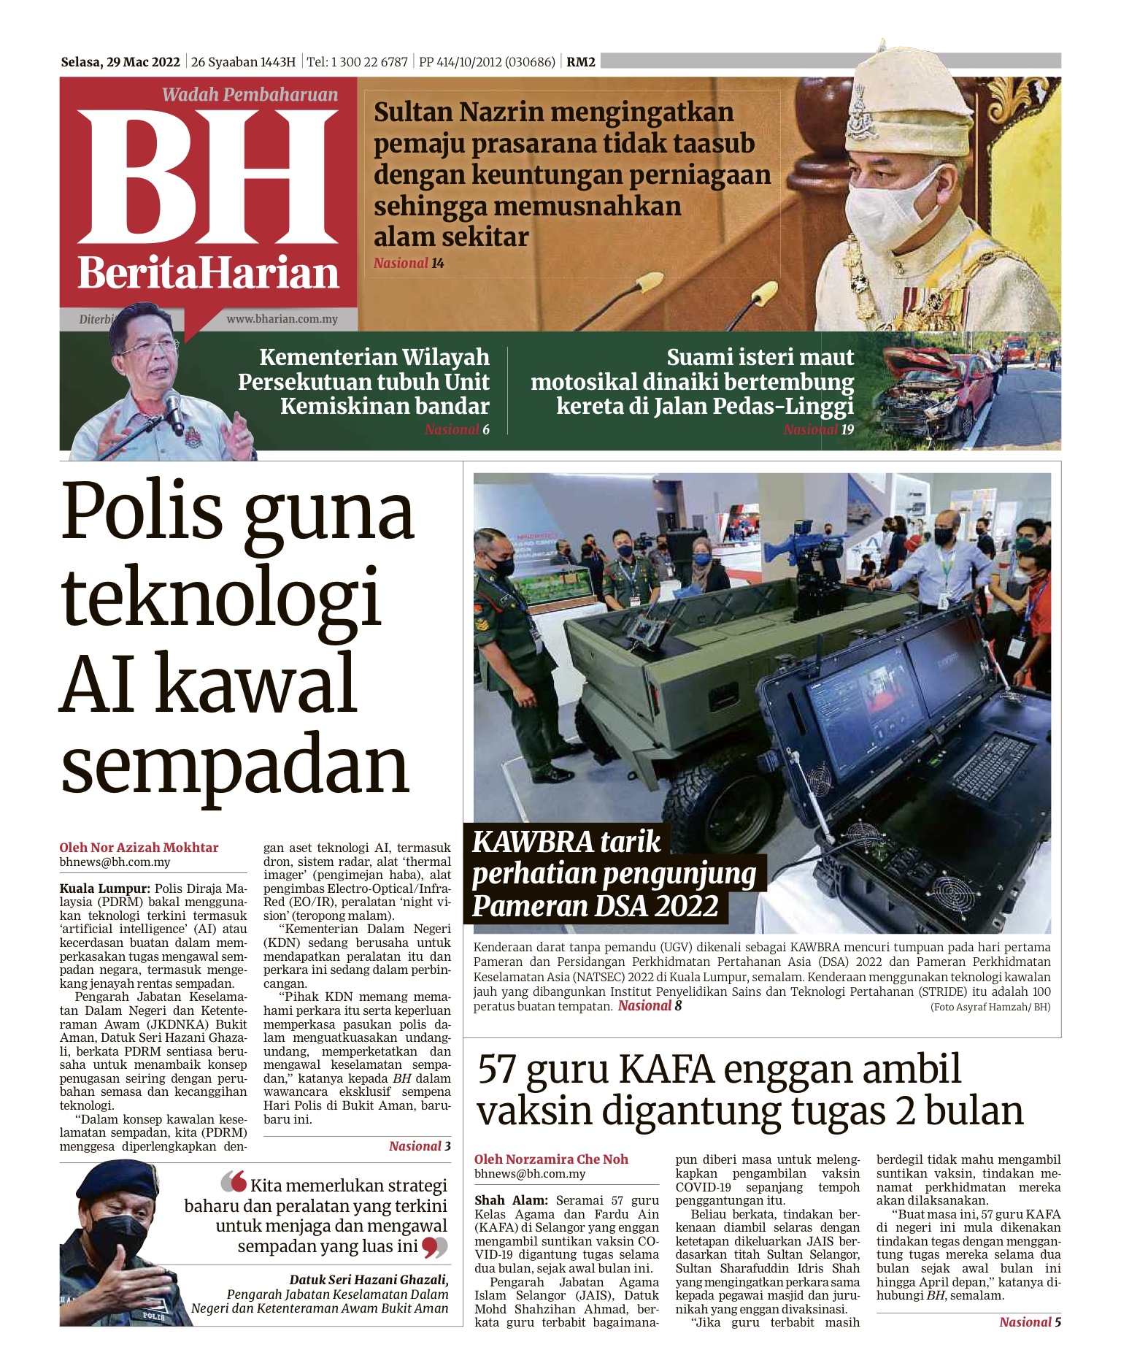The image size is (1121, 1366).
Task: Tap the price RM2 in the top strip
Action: pyautogui.click(x=581, y=62)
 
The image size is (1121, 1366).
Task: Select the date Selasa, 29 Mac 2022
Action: pyautogui.click(x=120, y=62)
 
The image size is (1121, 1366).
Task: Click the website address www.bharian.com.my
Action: pyautogui.click(x=282, y=319)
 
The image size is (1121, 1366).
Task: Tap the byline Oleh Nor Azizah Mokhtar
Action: pyautogui.click(x=139, y=848)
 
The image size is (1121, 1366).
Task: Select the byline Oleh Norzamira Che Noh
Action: pyautogui.click(x=551, y=1159)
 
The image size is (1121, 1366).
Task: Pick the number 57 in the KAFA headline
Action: pyautogui.click(x=498, y=1070)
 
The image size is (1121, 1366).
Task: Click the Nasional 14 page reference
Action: pyautogui.click(x=409, y=264)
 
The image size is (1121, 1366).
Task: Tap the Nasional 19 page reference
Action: pyautogui.click(x=818, y=429)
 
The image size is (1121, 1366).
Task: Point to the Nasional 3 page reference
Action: pyautogui.click(x=420, y=1146)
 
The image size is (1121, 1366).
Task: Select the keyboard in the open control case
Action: pyautogui.click(x=992, y=766)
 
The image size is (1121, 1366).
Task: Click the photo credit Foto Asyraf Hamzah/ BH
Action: pyautogui.click(x=990, y=1008)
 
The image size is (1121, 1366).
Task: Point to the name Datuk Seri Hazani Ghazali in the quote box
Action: pyautogui.click(x=369, y=1280)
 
